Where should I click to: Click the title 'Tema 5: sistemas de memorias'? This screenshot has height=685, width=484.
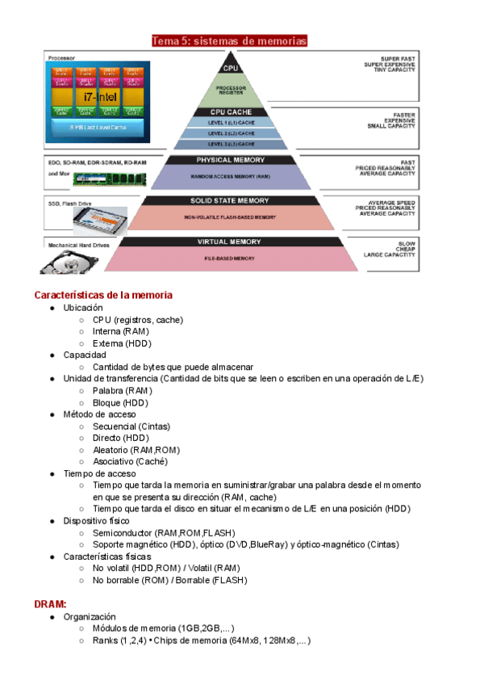coord(230,41)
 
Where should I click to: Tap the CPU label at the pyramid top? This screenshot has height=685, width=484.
coord(231,69)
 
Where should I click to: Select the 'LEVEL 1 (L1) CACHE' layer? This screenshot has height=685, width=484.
coord(231,122)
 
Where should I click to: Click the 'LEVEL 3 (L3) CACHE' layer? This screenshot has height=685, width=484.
coord(231,144)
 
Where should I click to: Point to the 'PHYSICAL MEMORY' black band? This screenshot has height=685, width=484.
coord(231,160)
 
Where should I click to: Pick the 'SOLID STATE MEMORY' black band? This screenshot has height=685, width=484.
coord(231,200)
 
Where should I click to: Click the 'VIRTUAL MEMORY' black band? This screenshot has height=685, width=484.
coord(231,242)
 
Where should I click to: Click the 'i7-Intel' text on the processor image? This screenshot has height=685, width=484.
coord(100,96)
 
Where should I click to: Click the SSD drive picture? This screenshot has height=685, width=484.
coord(101,219)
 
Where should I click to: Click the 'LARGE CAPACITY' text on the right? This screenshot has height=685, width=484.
coord(390,255)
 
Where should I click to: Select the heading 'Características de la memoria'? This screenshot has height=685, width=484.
coord(103,295)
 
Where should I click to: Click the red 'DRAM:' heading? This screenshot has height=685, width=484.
coord(50,603)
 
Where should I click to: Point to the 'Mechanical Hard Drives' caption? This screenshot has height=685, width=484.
coord(79,242)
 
